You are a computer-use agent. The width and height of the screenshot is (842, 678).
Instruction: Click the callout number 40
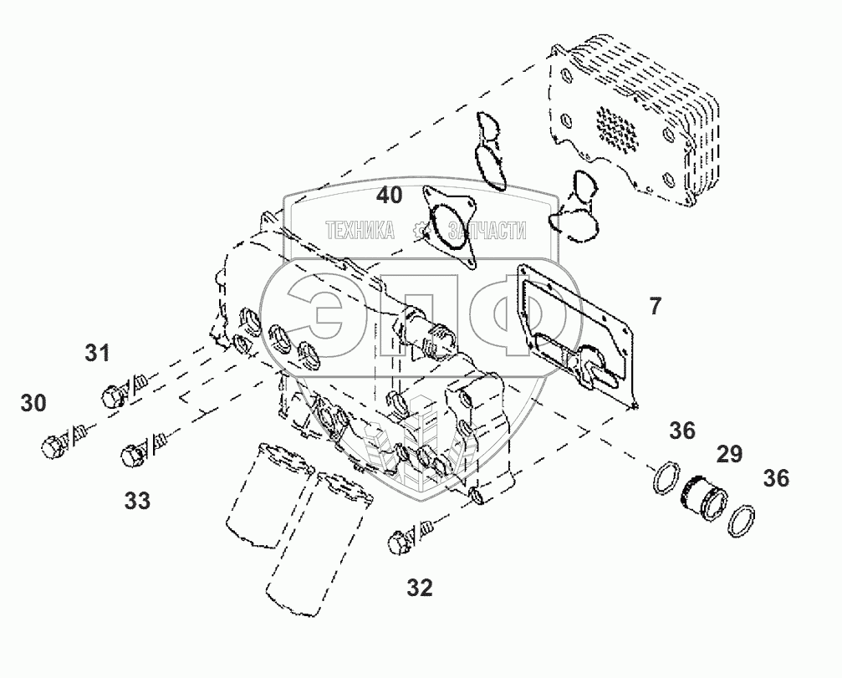(x=389, y=196)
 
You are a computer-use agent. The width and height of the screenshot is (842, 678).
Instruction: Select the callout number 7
(x=655, y=307)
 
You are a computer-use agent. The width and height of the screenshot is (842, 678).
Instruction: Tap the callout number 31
(x=97, y=354)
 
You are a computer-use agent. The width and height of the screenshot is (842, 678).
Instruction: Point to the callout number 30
(x=33, y=403)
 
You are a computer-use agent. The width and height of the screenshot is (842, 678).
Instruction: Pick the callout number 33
(x=137, y=501)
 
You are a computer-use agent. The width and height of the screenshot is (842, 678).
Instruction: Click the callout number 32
(x=420, y=588)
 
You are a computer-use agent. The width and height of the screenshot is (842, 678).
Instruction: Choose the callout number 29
(x=728, y=455)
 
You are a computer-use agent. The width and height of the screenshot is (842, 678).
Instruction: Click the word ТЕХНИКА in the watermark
(x=360, y=231)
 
